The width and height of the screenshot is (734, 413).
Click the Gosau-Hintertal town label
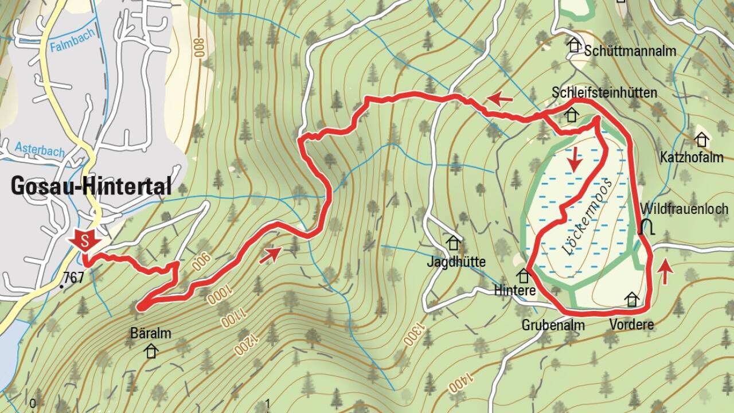click(91, 186)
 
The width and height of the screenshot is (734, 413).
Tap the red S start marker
click(84, 241)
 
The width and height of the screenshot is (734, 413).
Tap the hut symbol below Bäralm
click(151, 350)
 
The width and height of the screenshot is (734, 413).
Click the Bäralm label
click(151, 333)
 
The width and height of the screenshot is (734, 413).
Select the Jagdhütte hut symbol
click(454, 243)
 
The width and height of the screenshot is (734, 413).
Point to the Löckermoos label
click(587, 217)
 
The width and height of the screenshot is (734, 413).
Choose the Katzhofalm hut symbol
click(701, 139)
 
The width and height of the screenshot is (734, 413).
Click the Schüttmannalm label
click(630, 51)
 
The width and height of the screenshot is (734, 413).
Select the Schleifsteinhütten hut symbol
click(571, 115)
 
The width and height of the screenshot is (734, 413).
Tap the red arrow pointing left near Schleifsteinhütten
click(500, 100)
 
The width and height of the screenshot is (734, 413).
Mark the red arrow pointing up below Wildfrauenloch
click(665, 271)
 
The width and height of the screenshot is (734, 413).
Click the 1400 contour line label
click(460, 383)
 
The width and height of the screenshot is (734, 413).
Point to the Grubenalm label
click(553, 325)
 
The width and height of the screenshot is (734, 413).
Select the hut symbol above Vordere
click(632, 299)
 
